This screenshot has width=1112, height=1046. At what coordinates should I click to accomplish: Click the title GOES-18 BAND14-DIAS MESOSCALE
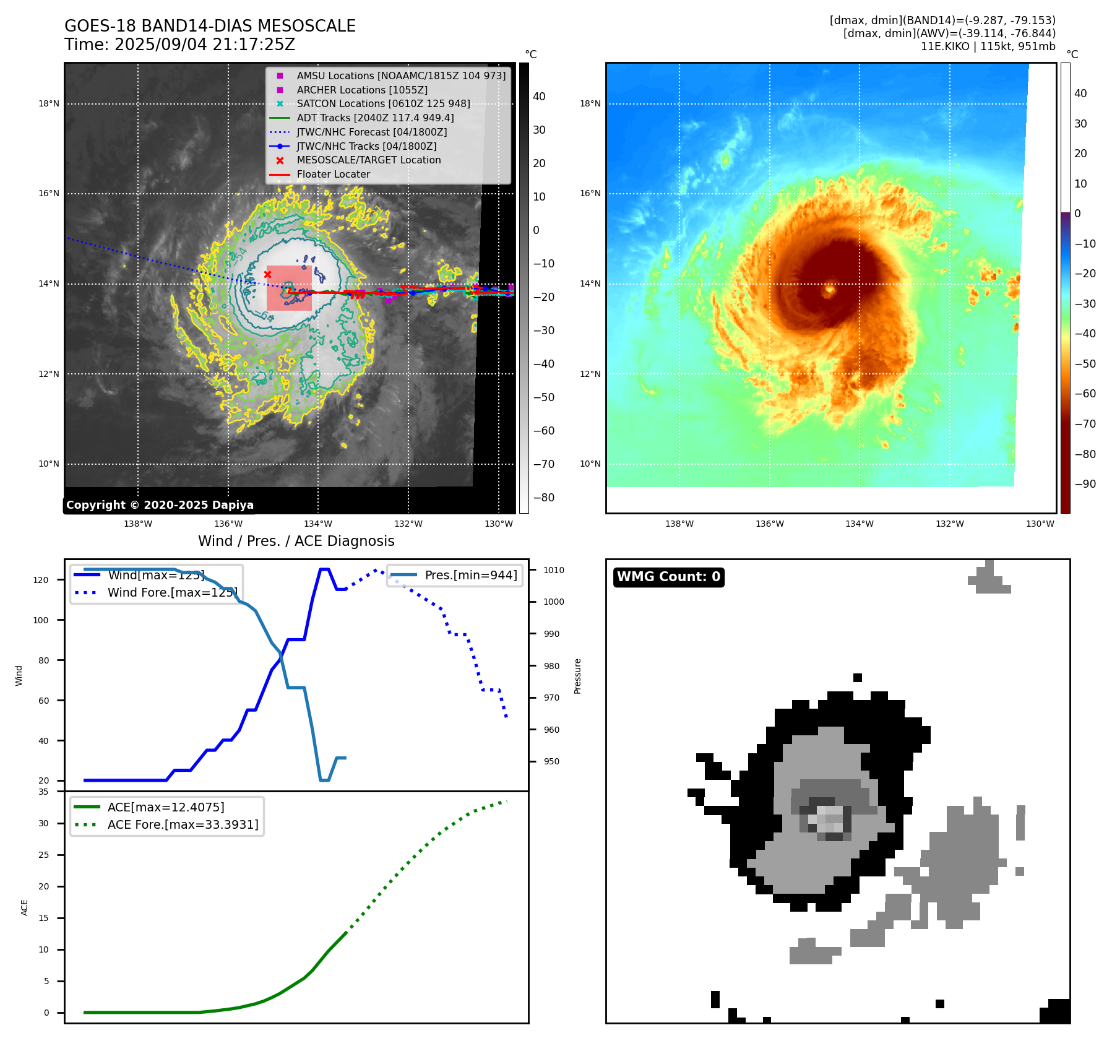[x=210, y=26]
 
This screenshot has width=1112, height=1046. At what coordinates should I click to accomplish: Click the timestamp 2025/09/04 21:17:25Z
[x=205, y=45]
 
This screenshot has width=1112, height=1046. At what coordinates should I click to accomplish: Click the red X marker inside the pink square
[x=267, y=274]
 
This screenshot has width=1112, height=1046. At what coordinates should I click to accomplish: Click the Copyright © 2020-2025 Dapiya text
[x=160, y=505]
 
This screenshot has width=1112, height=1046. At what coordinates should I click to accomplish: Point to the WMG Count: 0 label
[x=668, y=577]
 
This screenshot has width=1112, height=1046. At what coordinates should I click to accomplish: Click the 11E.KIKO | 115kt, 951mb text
[x=988, y=46]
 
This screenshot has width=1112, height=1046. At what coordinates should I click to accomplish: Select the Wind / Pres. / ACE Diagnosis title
[x=296, y=541]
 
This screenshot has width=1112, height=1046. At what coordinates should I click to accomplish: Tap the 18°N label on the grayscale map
[x=49, y=103]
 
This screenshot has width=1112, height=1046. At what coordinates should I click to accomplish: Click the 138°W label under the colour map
[x=679, y=524]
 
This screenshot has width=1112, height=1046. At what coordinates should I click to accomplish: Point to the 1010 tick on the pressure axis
[x=554, y=570]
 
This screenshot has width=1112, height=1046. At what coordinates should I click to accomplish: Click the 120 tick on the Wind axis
[x=41, y=580]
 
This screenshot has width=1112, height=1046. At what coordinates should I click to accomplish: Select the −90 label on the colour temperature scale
[x=1085, y=484]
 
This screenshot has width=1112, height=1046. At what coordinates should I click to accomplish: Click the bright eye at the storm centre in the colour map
[x=830, y=289]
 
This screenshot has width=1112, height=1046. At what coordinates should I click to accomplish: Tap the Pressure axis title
[x=577, y=676]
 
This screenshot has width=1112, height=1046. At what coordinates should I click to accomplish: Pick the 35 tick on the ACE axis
[x=43, y=792]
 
